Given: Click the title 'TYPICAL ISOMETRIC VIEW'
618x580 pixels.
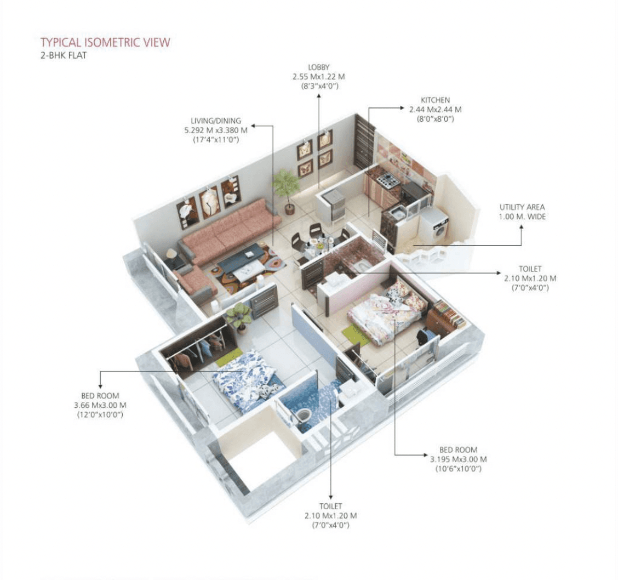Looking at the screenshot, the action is pyautogui.click(x=105, y=43).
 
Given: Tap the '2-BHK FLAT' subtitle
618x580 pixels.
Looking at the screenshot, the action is pyautogui.click(x=64, y=55).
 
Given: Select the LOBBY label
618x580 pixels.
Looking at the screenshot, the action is pyautogui.click(x=318, y=67).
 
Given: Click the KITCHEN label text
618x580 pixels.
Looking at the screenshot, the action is pyautogui.click(x=435, y=100).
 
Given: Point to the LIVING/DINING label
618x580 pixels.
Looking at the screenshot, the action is pyautogui.click(x=216, y=121).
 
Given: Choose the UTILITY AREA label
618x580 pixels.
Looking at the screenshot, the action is pyautogui.click(x=522, y=207).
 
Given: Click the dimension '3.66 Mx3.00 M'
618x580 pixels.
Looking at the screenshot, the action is pyautogui.click(x=100, y=405).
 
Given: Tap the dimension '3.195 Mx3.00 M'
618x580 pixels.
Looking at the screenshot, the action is pyautogui.click(x=459, y=459).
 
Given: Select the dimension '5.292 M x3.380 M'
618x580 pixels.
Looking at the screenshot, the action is pyautogui.click(x=216, y=130).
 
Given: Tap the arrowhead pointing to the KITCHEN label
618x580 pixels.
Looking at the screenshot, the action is pyautogui.click(x=402, y=107).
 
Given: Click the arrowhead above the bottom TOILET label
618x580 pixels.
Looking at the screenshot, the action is pyautogui.click(x=331, y=497).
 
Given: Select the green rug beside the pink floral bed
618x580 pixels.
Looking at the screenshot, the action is pyautogui.click(x=357, y=335).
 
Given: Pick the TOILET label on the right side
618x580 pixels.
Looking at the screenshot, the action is pyautogui.click(x=530, y=269).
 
